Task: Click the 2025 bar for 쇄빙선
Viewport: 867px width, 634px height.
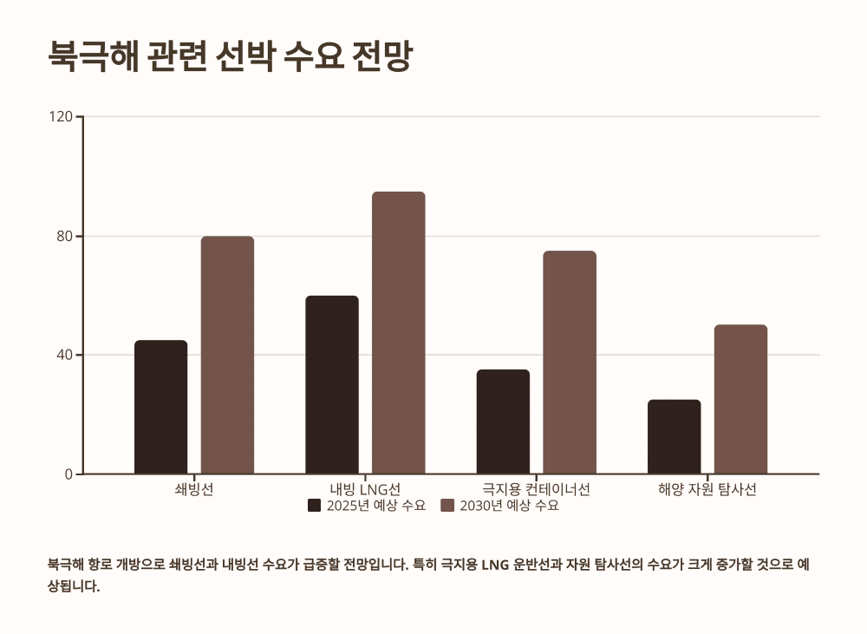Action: tap(160, 407)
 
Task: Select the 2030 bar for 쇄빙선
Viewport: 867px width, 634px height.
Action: tap(227, 355)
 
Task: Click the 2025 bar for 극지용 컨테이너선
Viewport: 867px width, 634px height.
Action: tap(503, 422)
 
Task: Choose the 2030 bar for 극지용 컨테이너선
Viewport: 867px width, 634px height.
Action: tap(570, 362)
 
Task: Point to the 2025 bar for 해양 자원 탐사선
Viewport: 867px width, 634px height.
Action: tap(674, 436)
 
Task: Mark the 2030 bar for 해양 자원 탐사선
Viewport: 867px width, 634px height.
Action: tap(740, 399)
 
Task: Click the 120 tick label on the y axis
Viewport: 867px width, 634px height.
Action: tap(64, 116)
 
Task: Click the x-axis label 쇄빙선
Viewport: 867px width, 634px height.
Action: tap(194, 489)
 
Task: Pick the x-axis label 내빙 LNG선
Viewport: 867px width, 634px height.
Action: tap(365, 489)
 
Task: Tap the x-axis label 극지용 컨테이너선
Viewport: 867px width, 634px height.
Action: tap(536, 489)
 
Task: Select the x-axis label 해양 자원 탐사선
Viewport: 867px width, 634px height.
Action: tap(707, 489)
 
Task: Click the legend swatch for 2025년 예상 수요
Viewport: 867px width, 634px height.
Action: tap(314, 506)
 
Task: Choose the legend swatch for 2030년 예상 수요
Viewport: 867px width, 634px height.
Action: tap(447, 506)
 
